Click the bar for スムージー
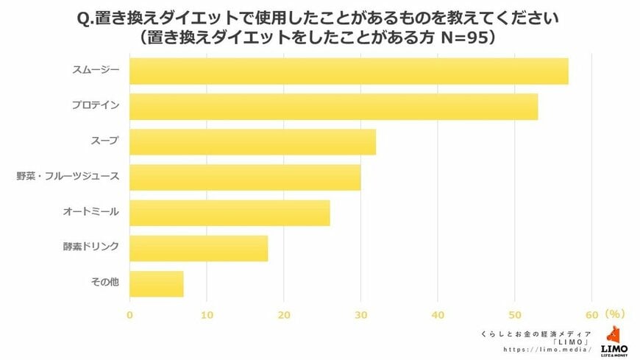pyautogui.click(x=349, y=71)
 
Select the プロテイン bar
pyautogui.click(x=333, y=106)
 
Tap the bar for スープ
pyautogui.click(x=252, y=142)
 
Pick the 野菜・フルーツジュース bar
pyautogui.click(x=245, y=177)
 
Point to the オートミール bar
pyautogui.click(x=230, y=213)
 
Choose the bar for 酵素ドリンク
pyautogui.click(x=199, y=248)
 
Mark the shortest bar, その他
pyautogui.click(x=157, y=283)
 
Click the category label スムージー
pyautogui.click(x=96, y=71)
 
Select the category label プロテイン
pyautogui.click(x=96, y=106)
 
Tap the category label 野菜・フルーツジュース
pyautogui.click(x=68, y=177)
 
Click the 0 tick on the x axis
pyautogui.click(x=130, y=316)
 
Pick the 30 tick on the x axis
pyautogui.click(x=360, y=316)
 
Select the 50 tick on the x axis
pyautogui.click(x=515, y=316)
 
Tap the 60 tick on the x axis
pyautogui.click(x=592, y=316)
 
